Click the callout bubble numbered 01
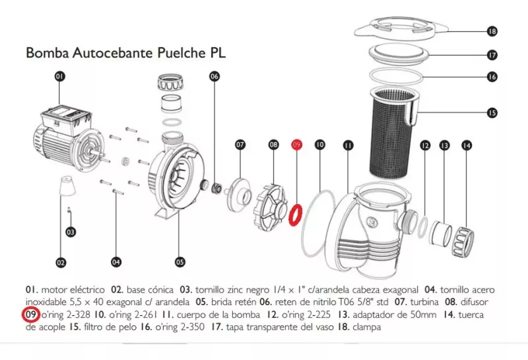(x=59, y=77)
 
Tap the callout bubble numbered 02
(x=61, y=262)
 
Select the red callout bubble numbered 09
(x=297, y=143)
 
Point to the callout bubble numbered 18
(x=492, y=31)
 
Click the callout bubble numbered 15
(x=492, y=113)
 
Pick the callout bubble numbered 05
(x=180, y=262)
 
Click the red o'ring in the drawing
(x=297, y=214)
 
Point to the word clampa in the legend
(x=366, y=327)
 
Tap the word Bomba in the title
(x=44, y=53)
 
